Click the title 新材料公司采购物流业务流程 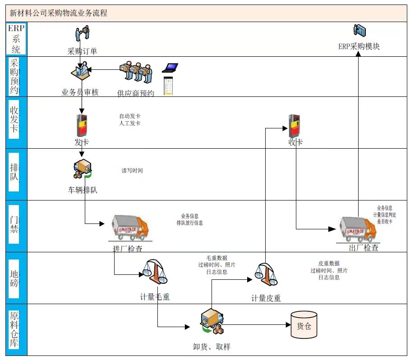(x=59, y=13)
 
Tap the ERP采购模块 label (x=359, y=46)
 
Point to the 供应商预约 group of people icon (x=136, y=71)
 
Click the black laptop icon (x=170, y=68)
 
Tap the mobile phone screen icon (x=168, y=86)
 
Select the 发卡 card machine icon (x=82, y=125)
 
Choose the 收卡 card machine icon (x=294, y=125)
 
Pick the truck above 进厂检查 (x=129, y=228)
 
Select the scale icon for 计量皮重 (x=266, y=275)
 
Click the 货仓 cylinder (x=304, y=325)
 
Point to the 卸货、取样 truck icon (x=212, y=323)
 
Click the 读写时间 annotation (x=132, y=171)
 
